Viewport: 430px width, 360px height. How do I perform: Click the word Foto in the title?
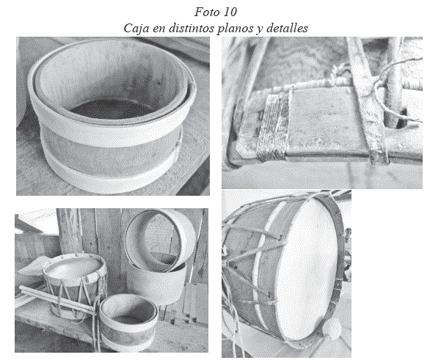coord(205,12)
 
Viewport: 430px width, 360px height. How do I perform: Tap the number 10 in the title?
coord(230,12)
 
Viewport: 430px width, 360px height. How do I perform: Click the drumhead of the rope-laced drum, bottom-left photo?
coord(75,266)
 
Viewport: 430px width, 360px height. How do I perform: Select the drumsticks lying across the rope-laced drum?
coord(57,298)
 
